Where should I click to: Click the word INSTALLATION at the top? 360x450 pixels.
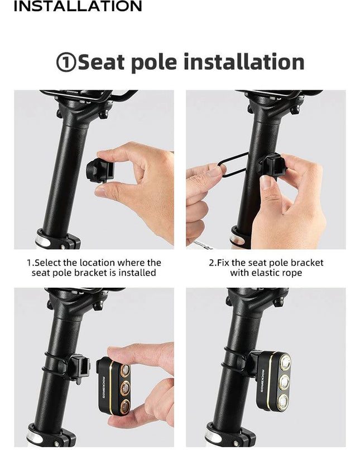pyautogui.click(x=78, y=6)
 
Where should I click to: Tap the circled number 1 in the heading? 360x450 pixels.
pyautogui.click(x=66, y=62)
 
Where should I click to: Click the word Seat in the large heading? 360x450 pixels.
pyautogui.click(x=101, y=62)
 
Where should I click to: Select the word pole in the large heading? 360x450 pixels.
pyautogui.click(x=154, y=63)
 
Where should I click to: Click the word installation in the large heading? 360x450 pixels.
pyautogui.click(x=244, y=62)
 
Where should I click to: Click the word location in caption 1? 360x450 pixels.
pyautogui.click(x=97, y=263)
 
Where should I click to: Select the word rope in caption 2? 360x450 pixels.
pyautogui.click(x=292, y=273)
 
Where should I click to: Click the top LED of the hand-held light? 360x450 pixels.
pyautogui.click(x=125, y=370)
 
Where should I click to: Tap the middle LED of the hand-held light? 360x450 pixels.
pyautogui.click(x=125, y=388)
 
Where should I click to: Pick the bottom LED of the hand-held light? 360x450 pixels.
pyautogui.click(x=125, y=407)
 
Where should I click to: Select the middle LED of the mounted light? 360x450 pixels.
pyautogui.click(x=285, y=381)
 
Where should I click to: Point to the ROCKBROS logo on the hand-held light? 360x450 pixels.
pyautogui.click(x=104, y=386)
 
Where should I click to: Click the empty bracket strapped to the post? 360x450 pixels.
pyautogui.click(x=79, y=369)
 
